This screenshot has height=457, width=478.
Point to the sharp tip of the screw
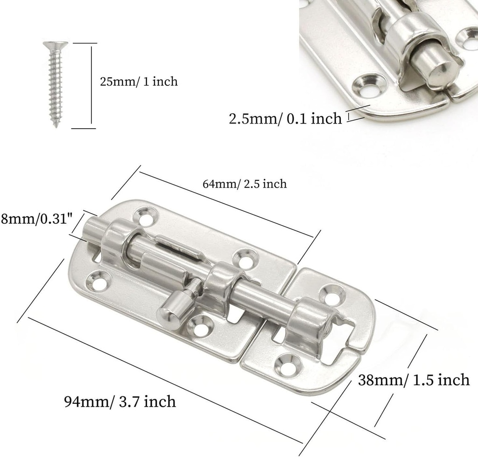coord(57,126)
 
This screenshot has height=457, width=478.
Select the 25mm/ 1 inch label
coord(139,82)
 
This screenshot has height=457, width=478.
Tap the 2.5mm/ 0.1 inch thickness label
coord(285,118)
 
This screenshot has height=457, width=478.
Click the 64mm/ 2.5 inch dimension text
coord(245,184)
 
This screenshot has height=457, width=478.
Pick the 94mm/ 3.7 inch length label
coord(120,401)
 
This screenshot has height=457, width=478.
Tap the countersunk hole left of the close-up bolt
coord(365,84)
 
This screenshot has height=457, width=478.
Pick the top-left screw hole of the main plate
coord(145,215)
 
